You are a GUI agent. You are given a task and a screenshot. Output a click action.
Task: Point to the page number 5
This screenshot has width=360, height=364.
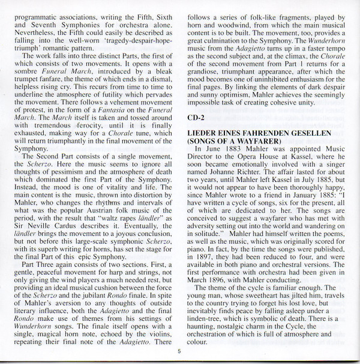178,353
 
